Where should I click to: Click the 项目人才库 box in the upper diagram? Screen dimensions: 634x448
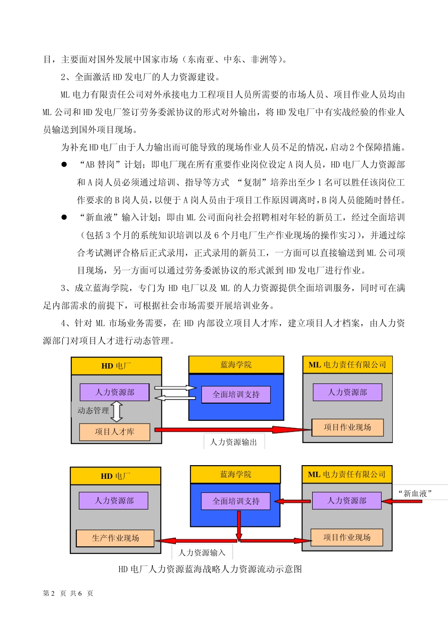115,432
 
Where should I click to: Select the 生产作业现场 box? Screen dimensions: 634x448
116,538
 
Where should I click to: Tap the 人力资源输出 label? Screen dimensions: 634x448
234,442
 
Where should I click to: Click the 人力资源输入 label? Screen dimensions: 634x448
202,552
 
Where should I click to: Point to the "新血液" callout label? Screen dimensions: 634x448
415,493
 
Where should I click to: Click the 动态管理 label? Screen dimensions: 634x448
93,410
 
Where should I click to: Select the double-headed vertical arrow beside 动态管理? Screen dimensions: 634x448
116,411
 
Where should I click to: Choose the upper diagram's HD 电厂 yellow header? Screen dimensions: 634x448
116,366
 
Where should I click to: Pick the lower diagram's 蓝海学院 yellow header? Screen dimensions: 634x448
236,474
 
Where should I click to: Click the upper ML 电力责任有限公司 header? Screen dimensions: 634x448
348,365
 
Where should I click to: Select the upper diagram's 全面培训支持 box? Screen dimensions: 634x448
236,394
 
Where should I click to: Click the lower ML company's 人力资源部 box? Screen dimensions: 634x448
347,501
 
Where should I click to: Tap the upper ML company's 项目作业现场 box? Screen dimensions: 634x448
348,427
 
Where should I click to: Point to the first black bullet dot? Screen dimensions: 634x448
64,165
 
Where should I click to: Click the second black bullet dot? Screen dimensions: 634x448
64,217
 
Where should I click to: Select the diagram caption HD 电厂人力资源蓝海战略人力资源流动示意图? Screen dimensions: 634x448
210,569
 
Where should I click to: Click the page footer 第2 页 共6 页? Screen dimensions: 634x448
68,593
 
